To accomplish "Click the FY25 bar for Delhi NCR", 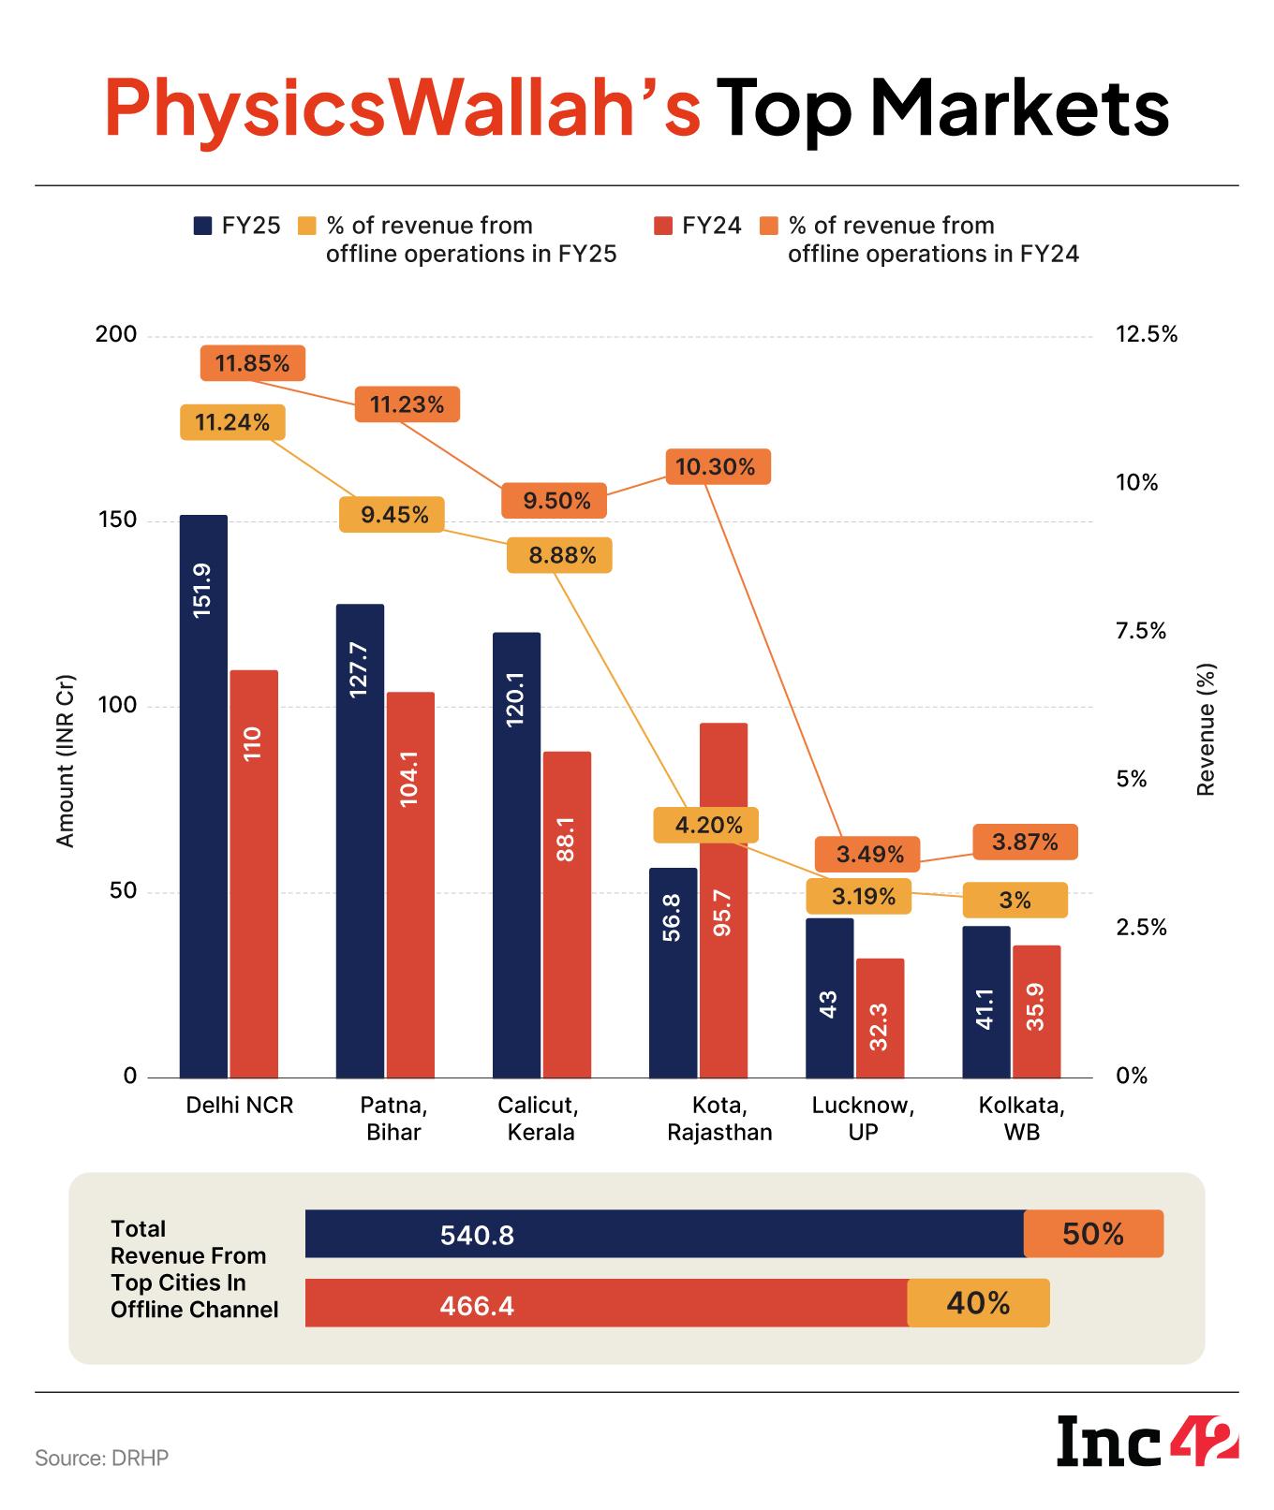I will (203, 796).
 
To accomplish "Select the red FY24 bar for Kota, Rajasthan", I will (722, 899).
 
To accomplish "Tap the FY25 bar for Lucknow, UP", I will (829, 997).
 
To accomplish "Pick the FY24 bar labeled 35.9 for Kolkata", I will (1036, 1011).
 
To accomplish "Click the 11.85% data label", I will (253, 363).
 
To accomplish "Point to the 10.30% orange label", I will (718, 466).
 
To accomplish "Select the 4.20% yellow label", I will (705, 825).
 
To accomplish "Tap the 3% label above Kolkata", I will (1015, 900).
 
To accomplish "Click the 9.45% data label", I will (391, 515).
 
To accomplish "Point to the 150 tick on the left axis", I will (117, 520).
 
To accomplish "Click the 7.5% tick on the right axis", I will (1140, 631).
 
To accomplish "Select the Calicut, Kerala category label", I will (539, 1119).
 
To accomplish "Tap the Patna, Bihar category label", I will (393, 1119).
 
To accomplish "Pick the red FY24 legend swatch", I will (662, 226).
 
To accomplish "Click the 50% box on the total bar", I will (1093, 1234).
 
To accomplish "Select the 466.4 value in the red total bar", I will (477, 1304).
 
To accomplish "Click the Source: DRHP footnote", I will (102, 1459).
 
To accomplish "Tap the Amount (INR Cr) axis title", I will (65, 760).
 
